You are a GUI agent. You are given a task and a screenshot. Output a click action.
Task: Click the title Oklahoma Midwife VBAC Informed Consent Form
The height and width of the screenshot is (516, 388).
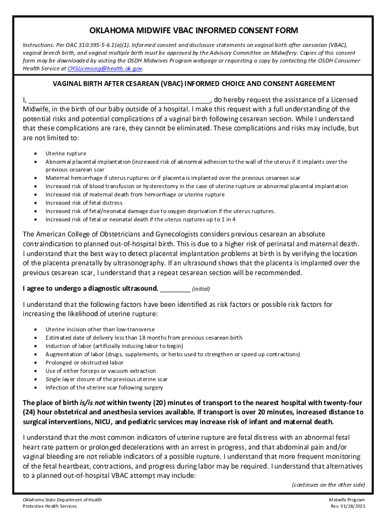click(193, 30)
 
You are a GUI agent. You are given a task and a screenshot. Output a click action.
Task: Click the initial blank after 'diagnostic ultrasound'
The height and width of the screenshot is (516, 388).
click(175, 289)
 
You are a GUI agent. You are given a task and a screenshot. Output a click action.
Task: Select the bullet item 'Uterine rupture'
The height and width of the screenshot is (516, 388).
click(66, 153)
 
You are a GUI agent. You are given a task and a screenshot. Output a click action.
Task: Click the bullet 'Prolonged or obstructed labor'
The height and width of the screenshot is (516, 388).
click(84, 362)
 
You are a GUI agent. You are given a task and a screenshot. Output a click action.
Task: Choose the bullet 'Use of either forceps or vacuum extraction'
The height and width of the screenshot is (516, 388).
click(100, 371)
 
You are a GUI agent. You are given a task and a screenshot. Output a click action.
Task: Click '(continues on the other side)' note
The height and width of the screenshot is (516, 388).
click(328, 484)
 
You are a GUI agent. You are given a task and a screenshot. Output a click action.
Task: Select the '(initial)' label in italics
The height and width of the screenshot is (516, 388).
click(201, 289)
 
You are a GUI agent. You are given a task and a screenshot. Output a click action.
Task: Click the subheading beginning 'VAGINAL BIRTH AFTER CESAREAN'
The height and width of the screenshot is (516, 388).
click(193, 84)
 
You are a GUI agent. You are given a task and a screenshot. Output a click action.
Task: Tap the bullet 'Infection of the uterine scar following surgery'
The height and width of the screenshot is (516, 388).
click(104, 388)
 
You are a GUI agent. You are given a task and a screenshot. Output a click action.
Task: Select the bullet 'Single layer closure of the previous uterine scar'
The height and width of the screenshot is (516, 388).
click(106, 379)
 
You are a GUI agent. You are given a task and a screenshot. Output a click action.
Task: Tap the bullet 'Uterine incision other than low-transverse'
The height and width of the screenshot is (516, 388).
click(100, 329)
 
